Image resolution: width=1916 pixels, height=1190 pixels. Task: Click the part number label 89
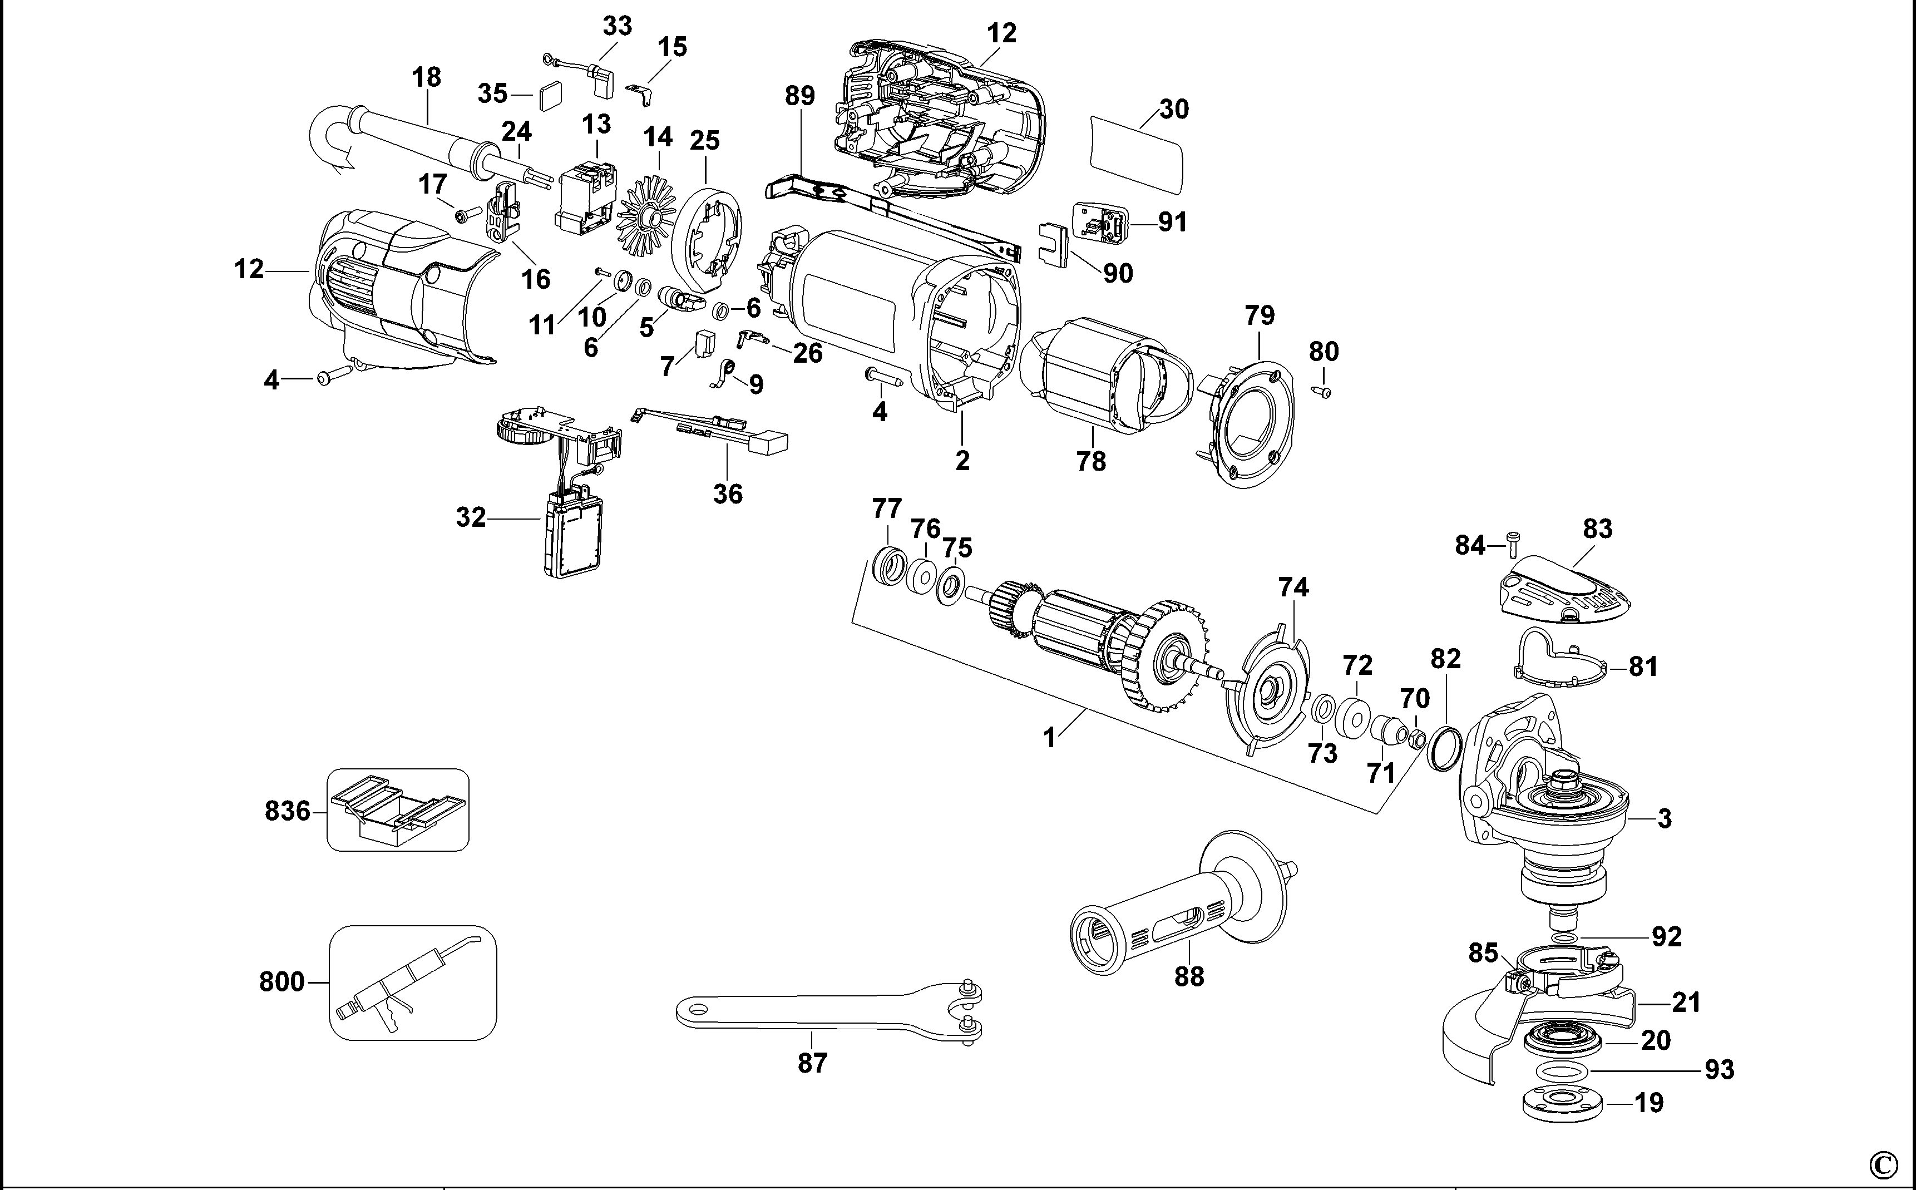(799, 96)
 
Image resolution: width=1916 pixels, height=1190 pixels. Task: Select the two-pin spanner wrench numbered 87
(826, 1015)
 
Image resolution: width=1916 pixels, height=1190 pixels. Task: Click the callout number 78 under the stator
(1090, 461)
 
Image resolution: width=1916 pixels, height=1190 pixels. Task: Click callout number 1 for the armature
(1048, 738)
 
